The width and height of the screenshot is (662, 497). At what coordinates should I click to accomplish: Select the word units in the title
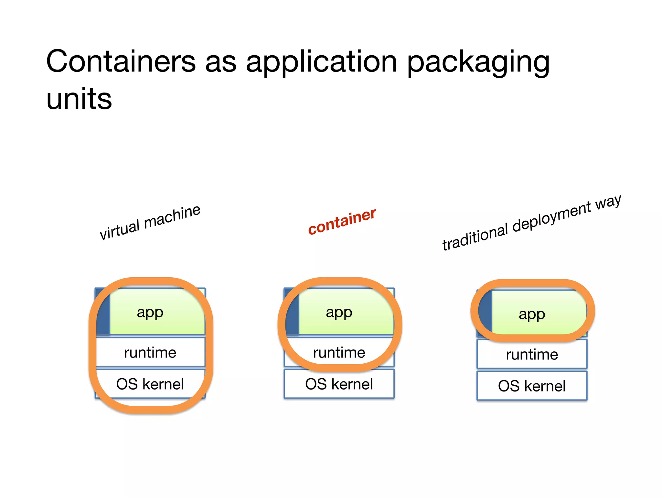pyautogui.click(x=79, y=99)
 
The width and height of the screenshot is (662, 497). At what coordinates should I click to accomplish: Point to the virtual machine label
pyautogui.click(x=150, y=223)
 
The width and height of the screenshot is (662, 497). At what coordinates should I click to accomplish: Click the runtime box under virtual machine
pyautogui.click(x=150, y=352)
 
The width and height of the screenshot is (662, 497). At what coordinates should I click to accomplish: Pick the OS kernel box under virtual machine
pyautogui.click(x=150, y=384)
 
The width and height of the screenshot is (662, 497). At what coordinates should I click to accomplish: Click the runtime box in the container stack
pyautogui.click(x=339, y=352)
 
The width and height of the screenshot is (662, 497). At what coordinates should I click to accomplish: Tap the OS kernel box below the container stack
pyautogui.click(x=339, y=384)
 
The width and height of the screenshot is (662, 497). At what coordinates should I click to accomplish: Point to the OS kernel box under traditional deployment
pyautogui.click(x=532, y=386)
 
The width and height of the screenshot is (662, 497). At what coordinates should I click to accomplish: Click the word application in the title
pyautogui.click(x=321, y=62)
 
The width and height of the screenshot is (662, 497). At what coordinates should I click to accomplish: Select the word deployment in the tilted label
pyautogui.click(x=551, y=217)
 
